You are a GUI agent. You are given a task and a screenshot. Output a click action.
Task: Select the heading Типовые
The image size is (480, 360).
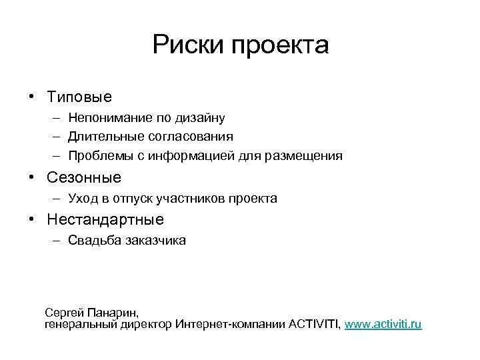pos(79,97)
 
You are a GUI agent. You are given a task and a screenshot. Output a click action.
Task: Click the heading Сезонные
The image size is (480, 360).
pos(84,178)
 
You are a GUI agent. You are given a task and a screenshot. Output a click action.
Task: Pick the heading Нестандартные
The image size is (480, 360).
pos(105,219)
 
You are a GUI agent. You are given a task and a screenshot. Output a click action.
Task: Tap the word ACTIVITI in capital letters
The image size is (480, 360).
pos(313,324)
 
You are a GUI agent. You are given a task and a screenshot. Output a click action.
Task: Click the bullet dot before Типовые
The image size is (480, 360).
pos(31,97)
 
